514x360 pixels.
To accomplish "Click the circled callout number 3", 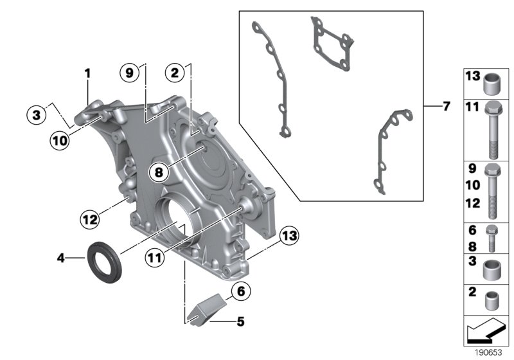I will point(37,115).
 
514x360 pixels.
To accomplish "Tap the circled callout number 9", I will point(129,73).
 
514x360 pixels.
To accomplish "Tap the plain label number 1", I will point(88,74).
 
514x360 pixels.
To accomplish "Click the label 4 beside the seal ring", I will point(61,258).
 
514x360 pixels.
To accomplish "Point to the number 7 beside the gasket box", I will point(447,105).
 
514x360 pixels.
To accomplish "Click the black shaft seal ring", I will point(103,258).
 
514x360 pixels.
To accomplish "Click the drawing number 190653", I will point(490,353).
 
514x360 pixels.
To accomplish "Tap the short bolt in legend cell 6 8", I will point(493,237).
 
